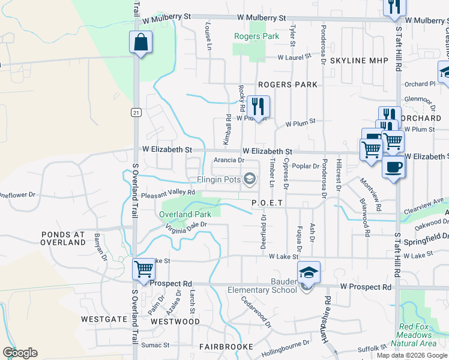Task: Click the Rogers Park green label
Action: pos(256,37)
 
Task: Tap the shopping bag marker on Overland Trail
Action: pos(140,43)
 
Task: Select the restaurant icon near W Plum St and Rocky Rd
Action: pos(258,107)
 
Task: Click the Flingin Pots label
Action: pos(218,179)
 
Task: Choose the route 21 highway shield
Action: pos(137,112)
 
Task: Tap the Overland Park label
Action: pos(185,214)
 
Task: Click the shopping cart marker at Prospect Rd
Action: pos(144,269)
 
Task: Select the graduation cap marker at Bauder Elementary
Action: pos(309,272)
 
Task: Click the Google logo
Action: pos(20,353)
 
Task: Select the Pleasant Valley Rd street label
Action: pos(168,193)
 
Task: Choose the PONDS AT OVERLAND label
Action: pos(63,238)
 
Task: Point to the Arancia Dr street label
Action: pos(229,160)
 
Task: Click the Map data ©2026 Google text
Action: pos(411,355)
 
